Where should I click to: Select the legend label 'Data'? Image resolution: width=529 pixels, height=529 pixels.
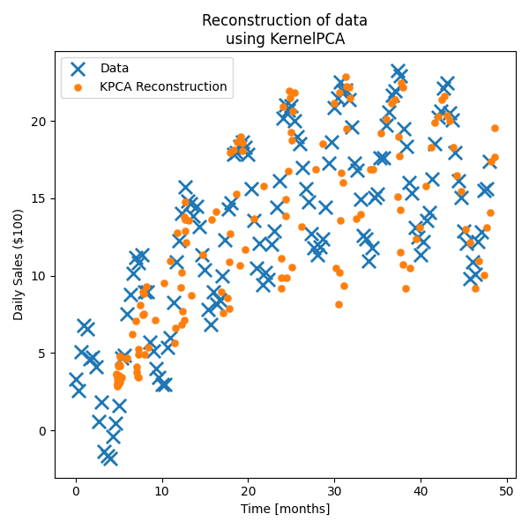tap(115, 68)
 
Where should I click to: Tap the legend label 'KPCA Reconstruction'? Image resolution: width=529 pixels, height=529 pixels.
tap(163, 87)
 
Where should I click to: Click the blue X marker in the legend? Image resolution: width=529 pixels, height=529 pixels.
tap(78, 68)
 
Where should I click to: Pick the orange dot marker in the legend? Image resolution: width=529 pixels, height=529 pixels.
tap(78, 87)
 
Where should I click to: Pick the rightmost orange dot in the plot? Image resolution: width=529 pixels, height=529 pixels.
tap(495, 128)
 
